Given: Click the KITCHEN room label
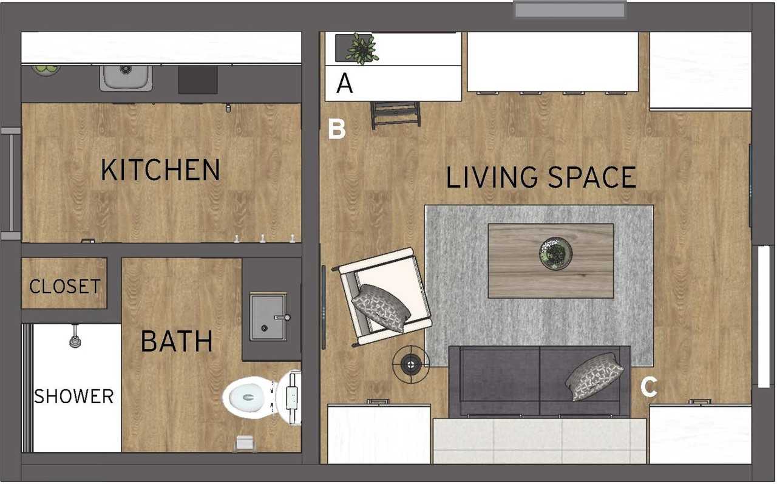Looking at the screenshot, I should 160,170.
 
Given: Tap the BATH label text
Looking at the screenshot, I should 177,341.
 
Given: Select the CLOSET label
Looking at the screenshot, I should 65,286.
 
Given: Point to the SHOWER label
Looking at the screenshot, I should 74,397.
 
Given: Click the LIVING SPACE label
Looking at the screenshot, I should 541,177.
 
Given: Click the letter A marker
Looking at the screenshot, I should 344,83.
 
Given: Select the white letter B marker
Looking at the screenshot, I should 337,129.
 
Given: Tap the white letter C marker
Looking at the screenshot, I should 649,387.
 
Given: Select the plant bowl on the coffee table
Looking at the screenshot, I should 556,253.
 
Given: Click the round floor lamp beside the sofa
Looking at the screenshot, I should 410,364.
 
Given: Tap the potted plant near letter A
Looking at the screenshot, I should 362,49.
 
